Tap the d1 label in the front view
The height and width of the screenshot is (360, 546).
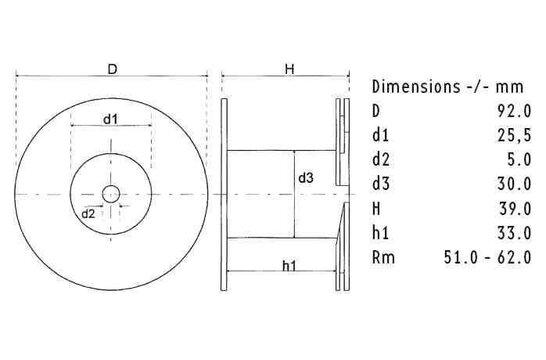[112, 120]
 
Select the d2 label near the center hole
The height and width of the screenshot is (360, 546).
[88, 213]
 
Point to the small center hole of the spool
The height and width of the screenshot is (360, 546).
[112, 192]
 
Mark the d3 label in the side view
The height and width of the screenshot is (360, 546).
[306, 178]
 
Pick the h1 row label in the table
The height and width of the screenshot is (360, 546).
[381, 232]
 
